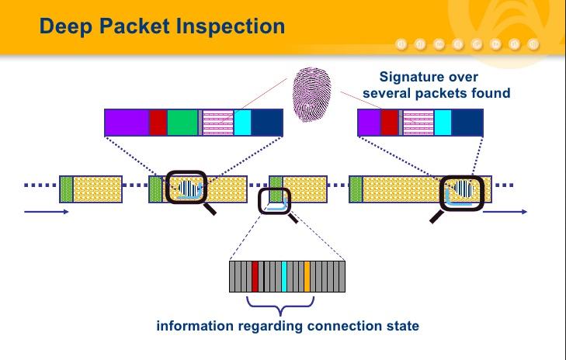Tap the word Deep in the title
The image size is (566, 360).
(65, 26)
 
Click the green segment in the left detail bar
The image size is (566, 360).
(182, 123)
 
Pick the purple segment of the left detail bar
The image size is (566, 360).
(127, 123)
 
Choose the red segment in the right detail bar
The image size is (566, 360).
(389, 123)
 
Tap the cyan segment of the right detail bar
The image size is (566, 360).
(443, 123)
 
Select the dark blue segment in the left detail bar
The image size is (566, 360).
(267, 123)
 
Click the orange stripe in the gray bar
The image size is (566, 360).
(307, 276)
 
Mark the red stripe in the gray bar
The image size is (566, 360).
(255, 276)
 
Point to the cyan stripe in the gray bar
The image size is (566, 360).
(285, 276)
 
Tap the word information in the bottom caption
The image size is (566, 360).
(192, 326)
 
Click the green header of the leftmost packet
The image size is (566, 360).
(66, 190)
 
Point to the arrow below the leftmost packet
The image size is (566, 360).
(46, 211)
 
